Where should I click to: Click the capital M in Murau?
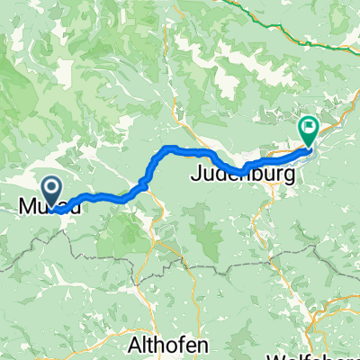point(26,207)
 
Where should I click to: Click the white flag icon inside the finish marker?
point(309,128)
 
